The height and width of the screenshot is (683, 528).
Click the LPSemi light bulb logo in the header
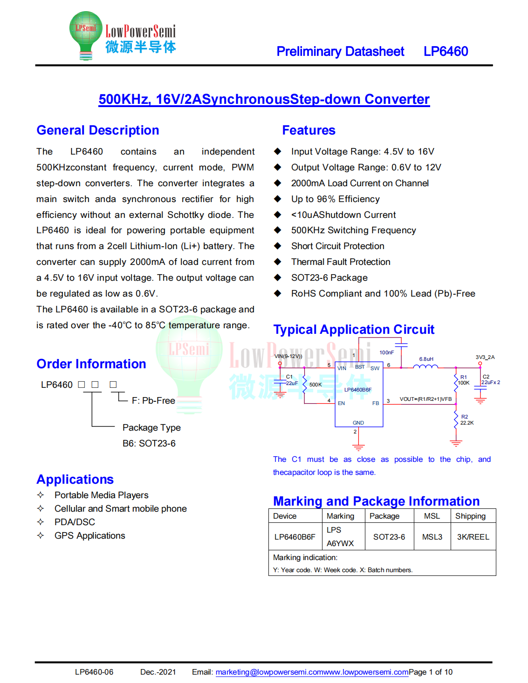coord(86,35)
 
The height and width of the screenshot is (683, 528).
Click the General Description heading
coord(98,130)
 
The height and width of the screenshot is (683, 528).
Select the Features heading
coord(309,130)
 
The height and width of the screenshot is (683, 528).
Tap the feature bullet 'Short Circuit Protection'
coord(337,246)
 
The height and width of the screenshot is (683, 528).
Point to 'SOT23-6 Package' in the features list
coord(329,278)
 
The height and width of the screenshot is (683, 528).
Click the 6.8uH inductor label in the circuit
coord(426,359)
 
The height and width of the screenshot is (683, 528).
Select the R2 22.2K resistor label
coord(466,420)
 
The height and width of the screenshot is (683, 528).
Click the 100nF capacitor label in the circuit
coord(386,352)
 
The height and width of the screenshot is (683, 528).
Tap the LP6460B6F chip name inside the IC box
coord(358,390)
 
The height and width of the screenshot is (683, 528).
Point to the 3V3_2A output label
coord(485,357)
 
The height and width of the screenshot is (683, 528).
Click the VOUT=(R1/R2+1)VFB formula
coord(425,399)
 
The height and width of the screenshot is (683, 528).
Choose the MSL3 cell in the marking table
coord(432,537)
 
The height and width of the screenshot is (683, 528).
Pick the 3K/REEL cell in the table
coord(473,537)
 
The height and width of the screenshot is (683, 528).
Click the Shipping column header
coord(470,516)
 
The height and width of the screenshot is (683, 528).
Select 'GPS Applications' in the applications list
coord(89,536)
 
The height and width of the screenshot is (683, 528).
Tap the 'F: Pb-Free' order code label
coord(153,401)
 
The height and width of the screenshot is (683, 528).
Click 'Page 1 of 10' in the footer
coord(430,672)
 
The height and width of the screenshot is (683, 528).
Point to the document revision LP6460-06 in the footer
coord(94,672)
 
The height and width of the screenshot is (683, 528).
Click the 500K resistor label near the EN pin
coord(315,385)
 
